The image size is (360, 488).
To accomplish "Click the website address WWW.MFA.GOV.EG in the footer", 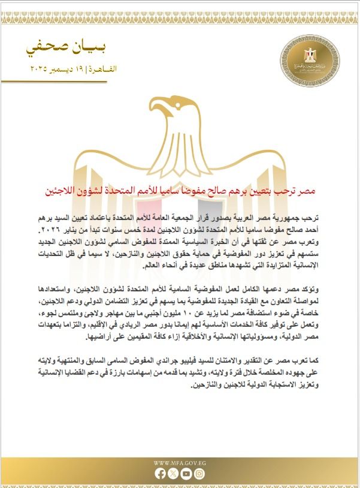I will [x=180, y=462].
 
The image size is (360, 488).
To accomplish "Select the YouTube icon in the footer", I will [x=186, y=474].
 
